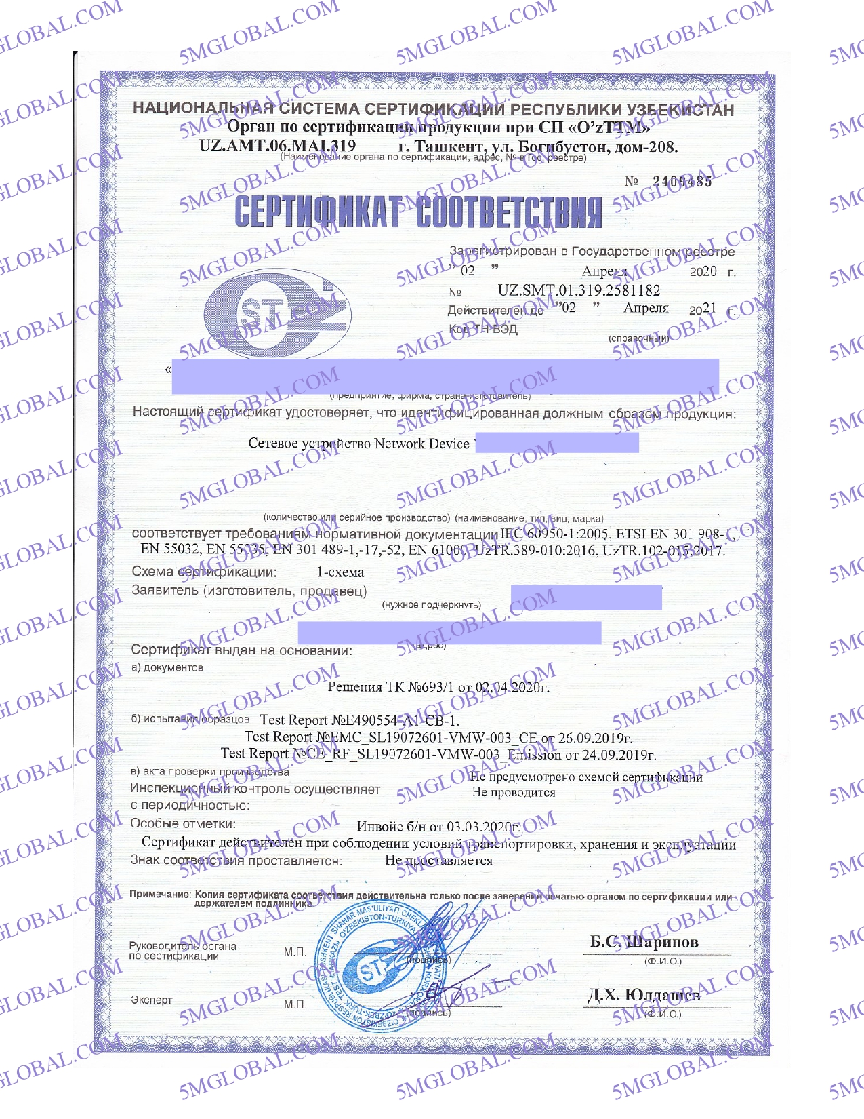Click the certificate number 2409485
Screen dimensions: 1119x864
click(x=682, y=182)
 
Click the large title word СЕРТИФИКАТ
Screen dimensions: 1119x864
click(x=318, y=212)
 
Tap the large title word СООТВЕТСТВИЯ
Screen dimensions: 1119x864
click(x=509, y=212)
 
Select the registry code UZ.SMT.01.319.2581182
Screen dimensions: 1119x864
click(x=579, y=291)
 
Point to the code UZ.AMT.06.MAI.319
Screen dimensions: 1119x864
click(x=277, y=146)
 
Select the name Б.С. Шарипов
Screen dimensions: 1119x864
click(x=644, y=942)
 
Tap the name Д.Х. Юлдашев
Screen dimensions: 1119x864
click(x=643, y=995)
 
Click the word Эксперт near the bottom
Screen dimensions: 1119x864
click(x=152, y=1000)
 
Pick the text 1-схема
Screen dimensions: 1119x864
click(x=340, y=572)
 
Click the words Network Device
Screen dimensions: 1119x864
click(x=421, y=444)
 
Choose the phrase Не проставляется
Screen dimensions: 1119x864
click(x=438, y=861)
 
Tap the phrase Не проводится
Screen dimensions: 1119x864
click(x=513, y=792)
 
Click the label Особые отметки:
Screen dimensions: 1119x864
click(x=183, y=823)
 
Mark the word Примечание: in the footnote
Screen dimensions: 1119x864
click(x=160, y=895)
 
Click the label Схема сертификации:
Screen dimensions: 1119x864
click(x=204, y=572)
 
